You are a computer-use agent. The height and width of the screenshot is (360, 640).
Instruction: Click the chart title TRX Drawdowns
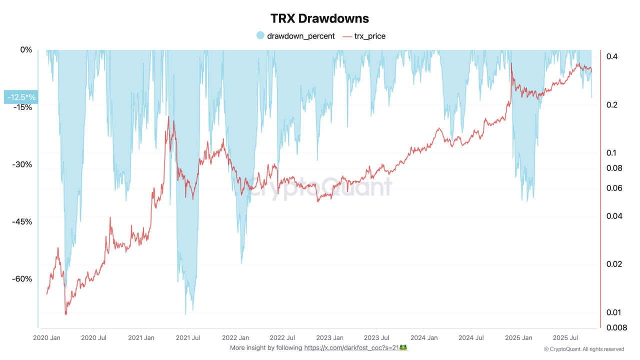(x=319, y=18)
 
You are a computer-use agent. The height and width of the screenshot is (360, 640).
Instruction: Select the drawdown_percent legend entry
(x=300, y=36)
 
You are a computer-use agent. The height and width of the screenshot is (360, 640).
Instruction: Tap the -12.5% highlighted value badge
(x=20, y=97)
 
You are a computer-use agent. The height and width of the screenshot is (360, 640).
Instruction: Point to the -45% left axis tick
(x=22, y=221)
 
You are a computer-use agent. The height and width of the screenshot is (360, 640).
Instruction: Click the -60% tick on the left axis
(x=22, y=279)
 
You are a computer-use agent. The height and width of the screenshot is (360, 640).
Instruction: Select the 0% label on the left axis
(x=26, y=50)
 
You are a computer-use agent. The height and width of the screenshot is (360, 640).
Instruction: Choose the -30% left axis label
(x=22, y=164)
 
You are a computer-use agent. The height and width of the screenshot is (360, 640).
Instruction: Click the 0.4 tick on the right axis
(x=611, y=56)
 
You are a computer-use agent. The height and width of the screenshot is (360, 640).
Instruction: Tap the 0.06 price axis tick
(x=613, y=188)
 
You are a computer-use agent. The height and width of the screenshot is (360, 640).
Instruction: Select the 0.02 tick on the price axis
(x=613, y=264)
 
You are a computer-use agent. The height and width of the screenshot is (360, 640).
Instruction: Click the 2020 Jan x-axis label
(x=46, y=337)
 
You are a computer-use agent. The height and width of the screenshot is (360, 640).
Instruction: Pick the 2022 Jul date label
(x=283, y=337)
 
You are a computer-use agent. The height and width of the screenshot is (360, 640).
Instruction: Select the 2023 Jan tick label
(x=330, y=337)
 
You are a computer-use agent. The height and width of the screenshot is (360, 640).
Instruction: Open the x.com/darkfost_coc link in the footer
(x=356, y=347)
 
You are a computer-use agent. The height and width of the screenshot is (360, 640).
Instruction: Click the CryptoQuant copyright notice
(x=583, y=349)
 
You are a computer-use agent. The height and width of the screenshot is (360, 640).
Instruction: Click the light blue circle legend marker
(x=260, y=36)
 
